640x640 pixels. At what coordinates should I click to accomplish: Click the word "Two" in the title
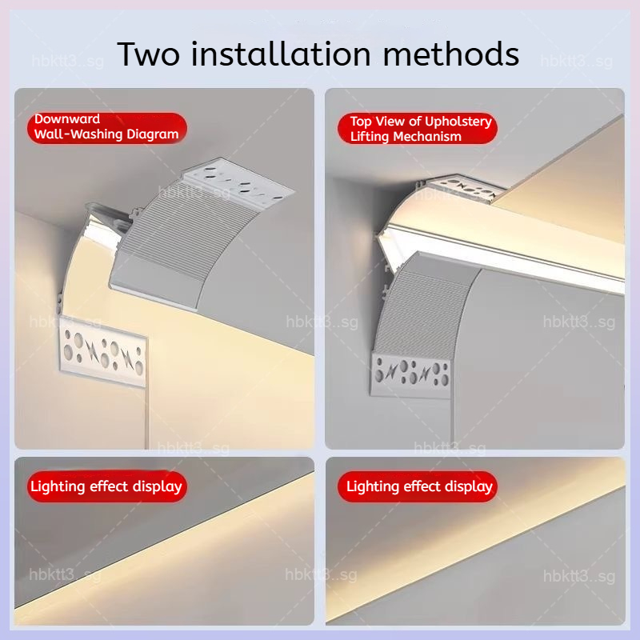point(149,54)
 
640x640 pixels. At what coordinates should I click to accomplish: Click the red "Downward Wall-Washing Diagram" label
point(107,127)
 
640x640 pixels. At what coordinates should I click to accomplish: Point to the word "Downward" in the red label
point(67,118)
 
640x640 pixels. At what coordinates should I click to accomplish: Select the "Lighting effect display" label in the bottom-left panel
point(107,486)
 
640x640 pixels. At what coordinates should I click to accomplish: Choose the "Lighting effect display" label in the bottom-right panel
point(418,486)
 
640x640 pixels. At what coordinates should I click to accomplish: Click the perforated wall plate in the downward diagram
point(103,352)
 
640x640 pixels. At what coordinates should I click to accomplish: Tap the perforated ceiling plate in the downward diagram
point(238,182)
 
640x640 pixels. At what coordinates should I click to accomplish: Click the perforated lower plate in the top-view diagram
point(411,374)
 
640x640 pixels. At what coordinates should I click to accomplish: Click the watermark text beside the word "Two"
point(68,62)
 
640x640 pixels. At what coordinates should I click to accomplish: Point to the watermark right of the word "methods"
point(576,62)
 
